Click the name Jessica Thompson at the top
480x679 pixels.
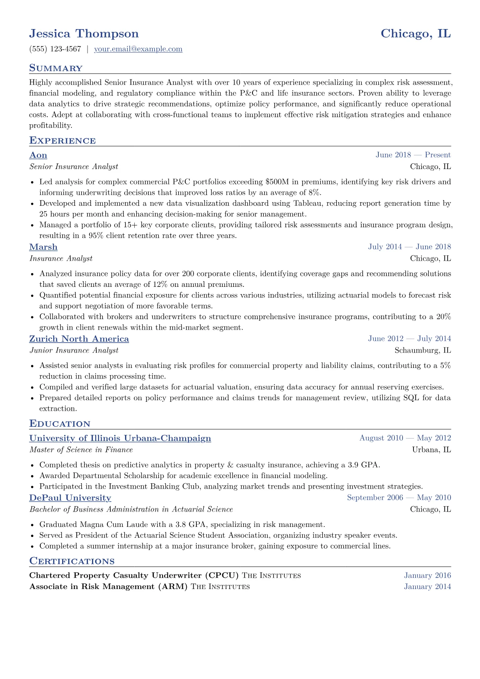(x=84, y=33)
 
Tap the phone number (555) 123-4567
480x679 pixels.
(x=55, y=49)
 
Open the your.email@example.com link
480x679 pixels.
(x=138, y=49)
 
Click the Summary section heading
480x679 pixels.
(x=56, y=68)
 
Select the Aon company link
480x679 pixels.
(x=38, y=155)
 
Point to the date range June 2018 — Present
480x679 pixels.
(x=413, y=155)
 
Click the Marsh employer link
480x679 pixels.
(x=44, y=247)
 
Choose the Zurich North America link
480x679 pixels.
(x=79, y=339)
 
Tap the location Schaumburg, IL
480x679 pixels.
(x=423, y=350)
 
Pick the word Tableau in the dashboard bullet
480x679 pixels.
(x=307, y=203)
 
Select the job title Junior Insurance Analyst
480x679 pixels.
(x=74, y=350)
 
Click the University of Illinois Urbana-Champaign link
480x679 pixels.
(x=120, y=438)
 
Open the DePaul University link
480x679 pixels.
(x=70, y=498)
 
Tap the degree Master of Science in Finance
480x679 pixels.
(x=81, y=449)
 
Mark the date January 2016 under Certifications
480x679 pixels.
(x=428, y=575)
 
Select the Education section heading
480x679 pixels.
(x=60, y=424)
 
